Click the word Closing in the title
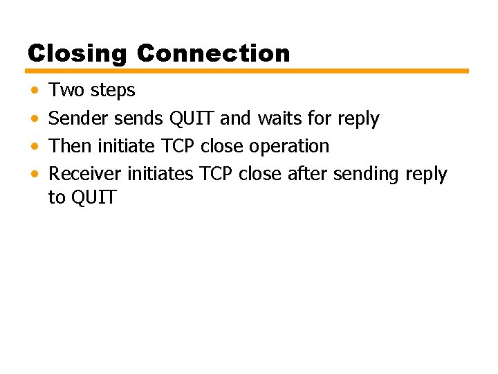point(77,53)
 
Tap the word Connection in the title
point(213,53)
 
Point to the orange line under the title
point(248,71)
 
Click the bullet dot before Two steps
point(35,91)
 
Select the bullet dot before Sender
point(35,119)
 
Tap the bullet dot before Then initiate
point(35,147)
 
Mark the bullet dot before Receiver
point(35,175)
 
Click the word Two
point(67,90)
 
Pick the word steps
point(113,91)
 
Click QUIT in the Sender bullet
point(191,118)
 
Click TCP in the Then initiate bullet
point(178,146)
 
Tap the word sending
point(367,175)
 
